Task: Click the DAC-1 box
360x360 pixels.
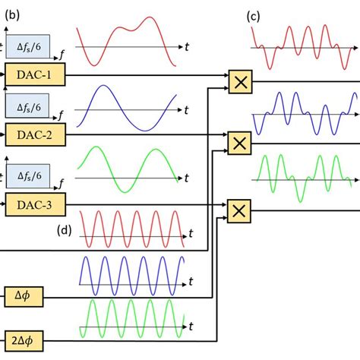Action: tap(34, 74)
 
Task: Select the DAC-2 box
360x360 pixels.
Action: tap(34, 134)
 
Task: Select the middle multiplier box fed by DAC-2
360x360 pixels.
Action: tap(240, 142)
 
